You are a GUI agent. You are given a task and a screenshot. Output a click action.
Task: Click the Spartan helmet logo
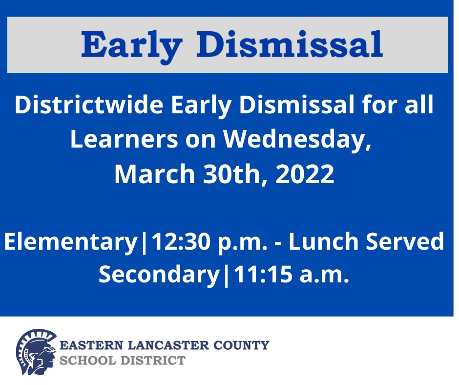pyautogui.click(x=35, y=352)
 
